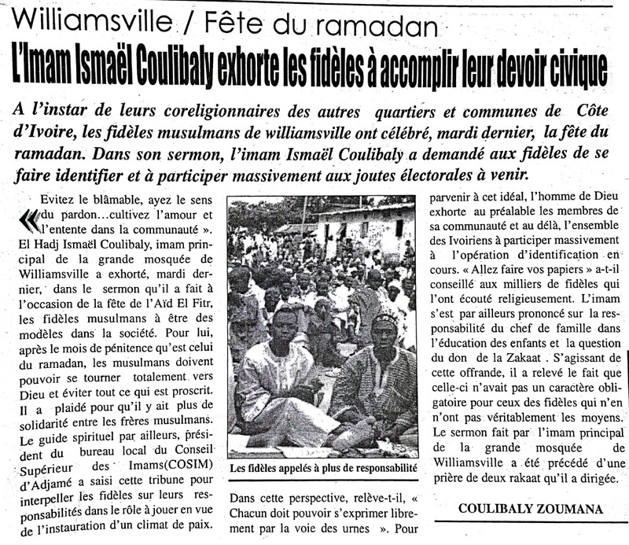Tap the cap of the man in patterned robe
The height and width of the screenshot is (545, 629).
click(x=385, y=322)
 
